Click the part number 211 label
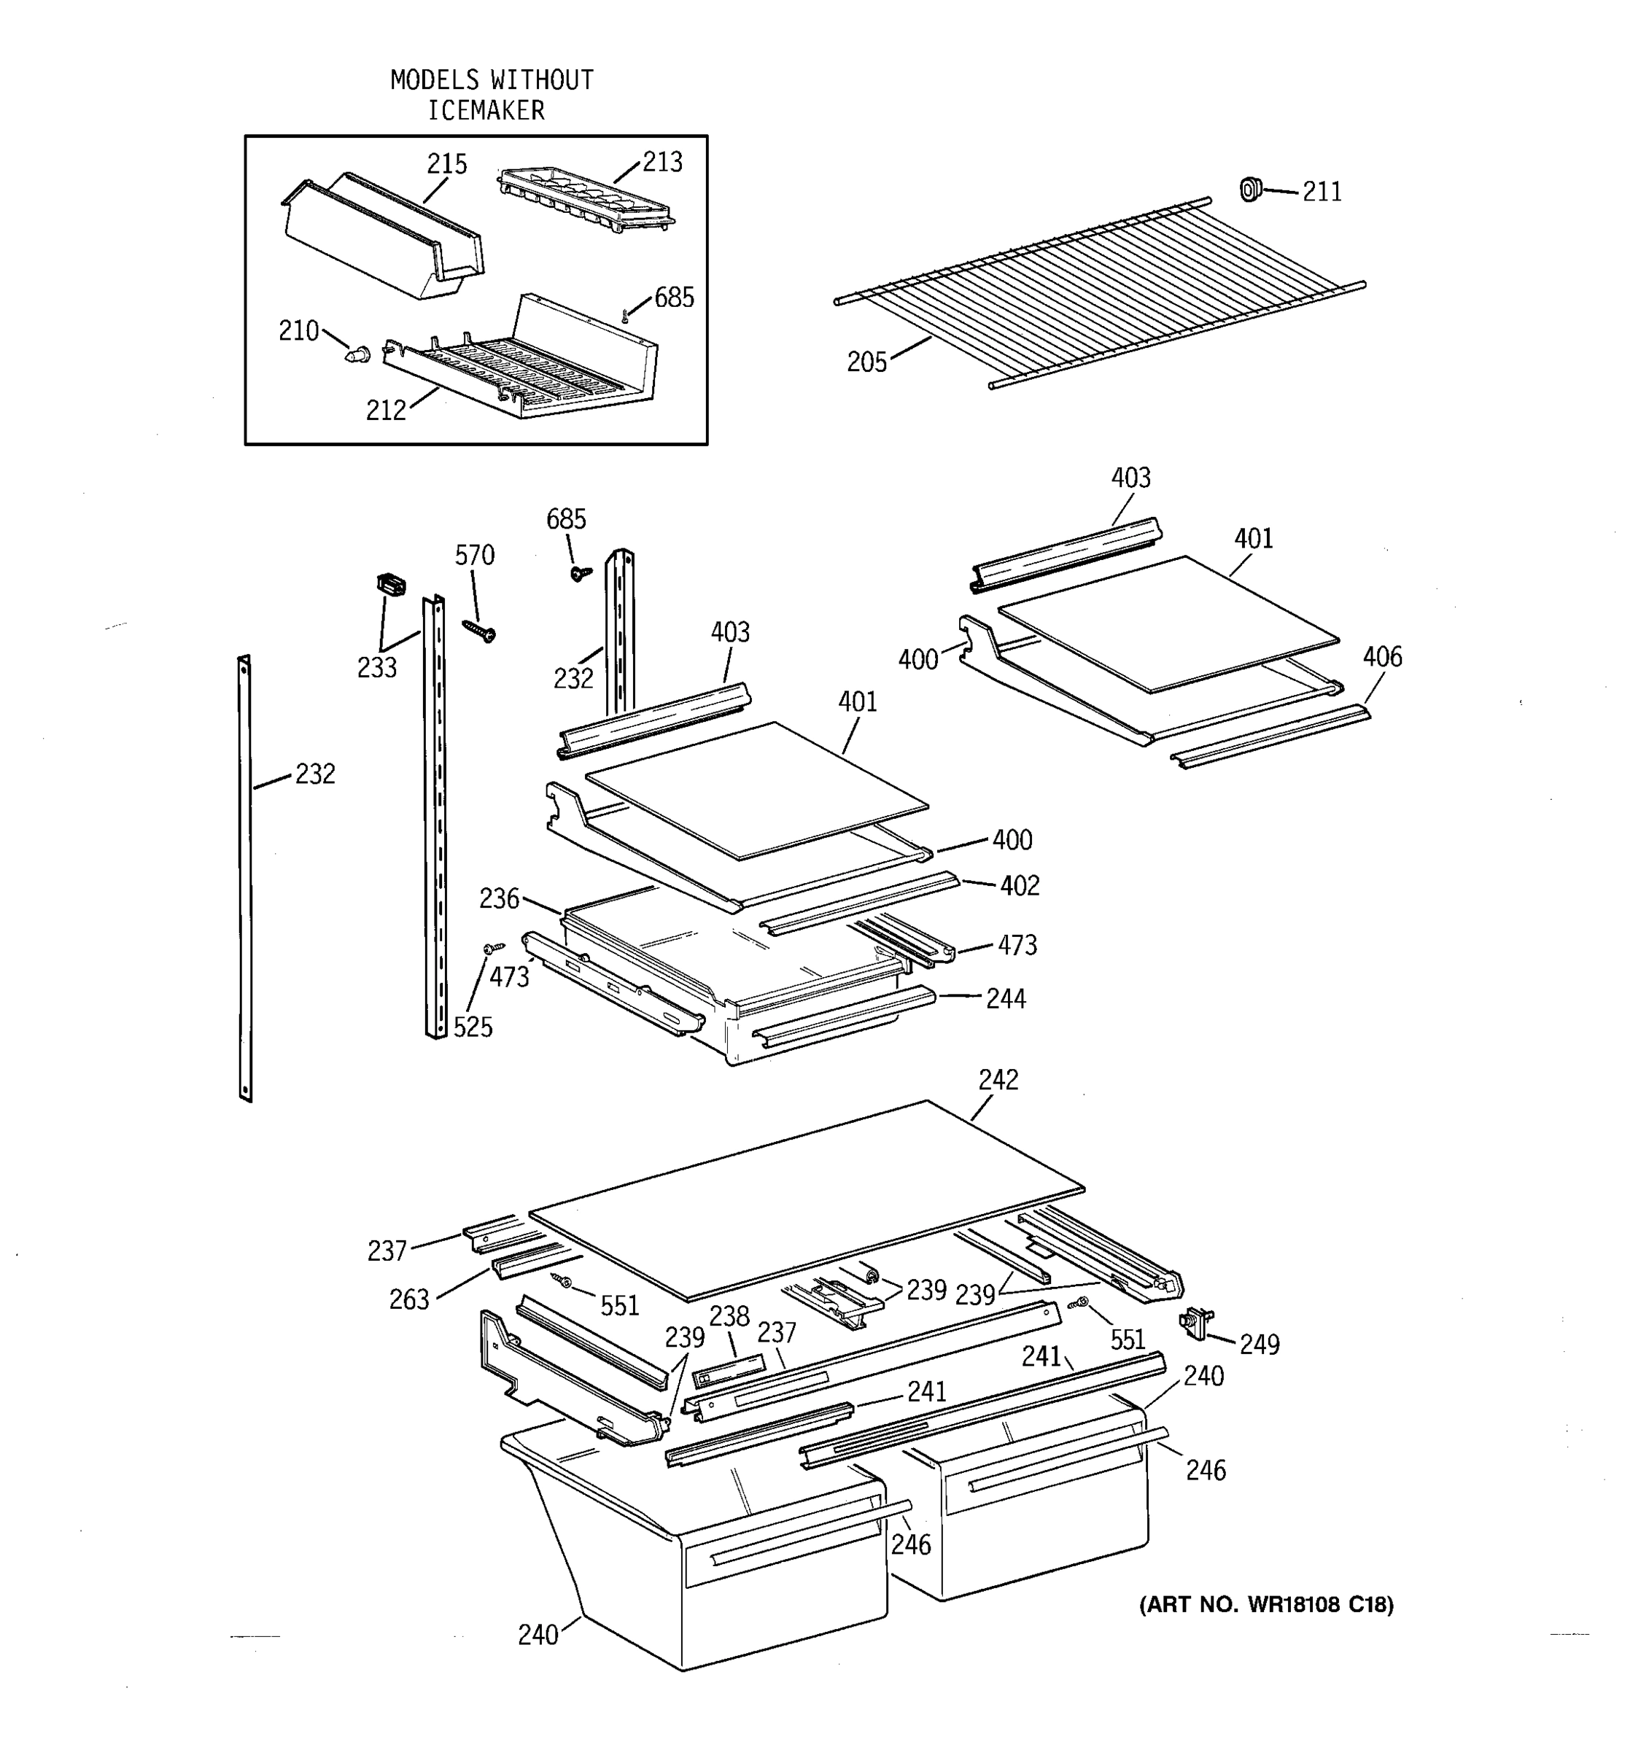[x=1322, y=192]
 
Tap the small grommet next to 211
[x=1249, y=188]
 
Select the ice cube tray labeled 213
[x=586, y=201]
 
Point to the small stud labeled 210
[x=357, y=355]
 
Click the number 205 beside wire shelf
[x=866, y=362]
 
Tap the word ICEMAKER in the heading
[x=486, y=111]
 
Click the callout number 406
[x=1381, y=657]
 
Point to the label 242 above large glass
[x=998, y=1080]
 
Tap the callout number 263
[x=409, y=1299]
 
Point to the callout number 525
[x=473, y=1027]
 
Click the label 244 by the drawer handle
[x=1005, y=998]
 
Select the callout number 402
[x=1020, y=885]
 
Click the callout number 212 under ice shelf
[x=386, y=411]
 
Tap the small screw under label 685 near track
[x=579, y=573]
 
